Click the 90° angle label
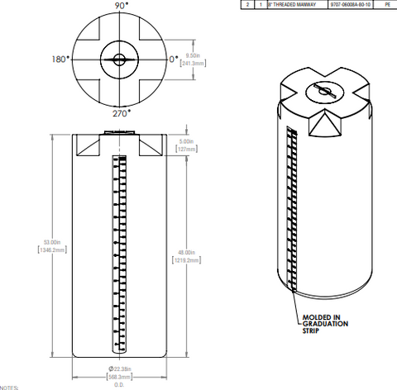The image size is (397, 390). [x=121, y=6]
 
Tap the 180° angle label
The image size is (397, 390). [x=59, y=59]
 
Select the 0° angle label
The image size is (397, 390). [x=174, y=59]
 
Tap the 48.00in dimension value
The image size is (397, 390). [x=184, y=251]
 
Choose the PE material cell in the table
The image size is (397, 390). [x=386, y=5]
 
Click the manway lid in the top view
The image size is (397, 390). [x=120, y=59]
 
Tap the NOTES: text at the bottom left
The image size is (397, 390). [x=9, y=386]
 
